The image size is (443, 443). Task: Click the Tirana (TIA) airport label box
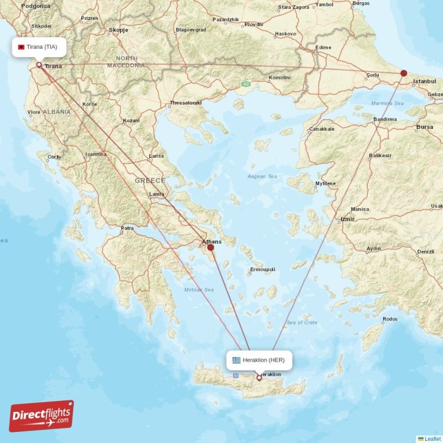click(x=39, y=47)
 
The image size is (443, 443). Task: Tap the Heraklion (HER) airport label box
click(x=259, y=360)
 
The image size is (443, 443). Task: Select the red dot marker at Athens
click(x=210, y=248)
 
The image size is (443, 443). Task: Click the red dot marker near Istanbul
click(x=404, y=73)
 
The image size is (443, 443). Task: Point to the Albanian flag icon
click(x=22, y=47)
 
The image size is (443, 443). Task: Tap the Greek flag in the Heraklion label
click(x=236, y=360)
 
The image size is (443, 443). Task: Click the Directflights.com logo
click(x=41, y=416)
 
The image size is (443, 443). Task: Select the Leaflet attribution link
click(x=432, y=439)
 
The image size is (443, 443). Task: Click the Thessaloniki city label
click(x=186, y=103)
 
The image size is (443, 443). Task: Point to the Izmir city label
click(x=348, y=219)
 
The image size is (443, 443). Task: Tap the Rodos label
click(x=390, y=319)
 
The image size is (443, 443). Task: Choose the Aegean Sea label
click(x=262, y=177)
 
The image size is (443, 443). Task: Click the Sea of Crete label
click(x=302, y=322)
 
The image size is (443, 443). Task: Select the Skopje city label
click(x=119, y=30)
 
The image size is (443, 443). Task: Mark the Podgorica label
click(x=35, y=6)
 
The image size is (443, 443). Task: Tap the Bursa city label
click(x=425, y=127)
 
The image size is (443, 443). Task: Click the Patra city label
click(x=127, y=228)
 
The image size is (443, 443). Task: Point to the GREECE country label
click(x=150, y=181)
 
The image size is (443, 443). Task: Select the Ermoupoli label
click(x=262, y=269)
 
